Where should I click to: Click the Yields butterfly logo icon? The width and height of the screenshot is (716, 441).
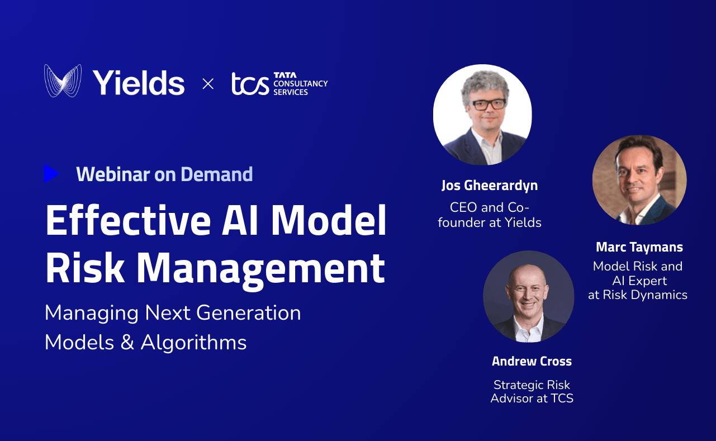[63, 81]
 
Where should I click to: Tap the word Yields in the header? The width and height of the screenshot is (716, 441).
[139, 83]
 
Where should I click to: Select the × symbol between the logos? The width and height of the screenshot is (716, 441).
[208, 84]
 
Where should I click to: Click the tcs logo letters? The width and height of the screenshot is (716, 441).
[250, 84]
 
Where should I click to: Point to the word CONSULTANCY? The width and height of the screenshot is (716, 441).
[300, 84]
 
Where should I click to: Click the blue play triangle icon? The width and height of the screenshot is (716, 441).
[51, 174]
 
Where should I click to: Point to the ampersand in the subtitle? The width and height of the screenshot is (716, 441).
[127, 342]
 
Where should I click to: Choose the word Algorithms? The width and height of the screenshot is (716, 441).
[193, 342]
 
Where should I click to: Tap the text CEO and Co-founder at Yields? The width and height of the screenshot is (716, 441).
[489, 215]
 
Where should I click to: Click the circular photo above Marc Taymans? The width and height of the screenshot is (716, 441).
[639, 180]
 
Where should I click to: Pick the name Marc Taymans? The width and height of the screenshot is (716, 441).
[639, 247]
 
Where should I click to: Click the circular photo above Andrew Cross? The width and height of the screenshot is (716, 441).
[528, 296]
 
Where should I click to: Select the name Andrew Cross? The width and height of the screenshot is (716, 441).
[532, 361]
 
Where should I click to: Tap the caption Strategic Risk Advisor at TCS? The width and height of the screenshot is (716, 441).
[532, 391]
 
